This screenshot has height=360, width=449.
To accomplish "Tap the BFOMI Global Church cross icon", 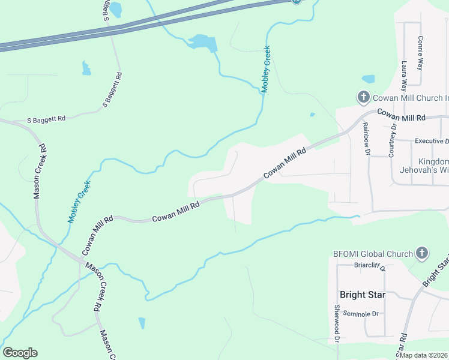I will [x=422, y=253].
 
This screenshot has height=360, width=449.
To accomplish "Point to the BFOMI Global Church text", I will [x=373, y=254].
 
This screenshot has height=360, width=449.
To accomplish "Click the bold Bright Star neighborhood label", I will [x=362, y=295].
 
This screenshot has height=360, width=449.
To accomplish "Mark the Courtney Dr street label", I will [x=393, y=139].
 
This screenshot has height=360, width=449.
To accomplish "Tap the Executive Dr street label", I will [x=432, y=141].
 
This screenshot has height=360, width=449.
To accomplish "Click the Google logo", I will [x=20, y=353].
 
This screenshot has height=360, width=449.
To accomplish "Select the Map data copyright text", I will [x=424, y=355].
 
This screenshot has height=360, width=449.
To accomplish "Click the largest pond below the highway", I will [x=202, y=42].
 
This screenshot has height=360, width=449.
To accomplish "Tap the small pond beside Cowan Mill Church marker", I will [x=368, y=79].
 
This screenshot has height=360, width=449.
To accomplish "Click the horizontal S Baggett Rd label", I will [x=46, y=119].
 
